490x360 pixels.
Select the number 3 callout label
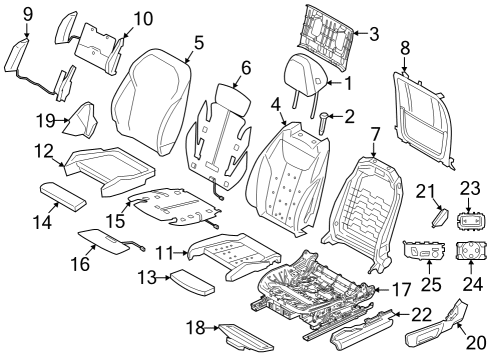[x=374, y=34]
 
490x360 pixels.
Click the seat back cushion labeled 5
[x=152, y=95]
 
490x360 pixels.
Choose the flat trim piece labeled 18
[x=230, y=331]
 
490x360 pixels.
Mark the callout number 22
[x=422, y=315]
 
